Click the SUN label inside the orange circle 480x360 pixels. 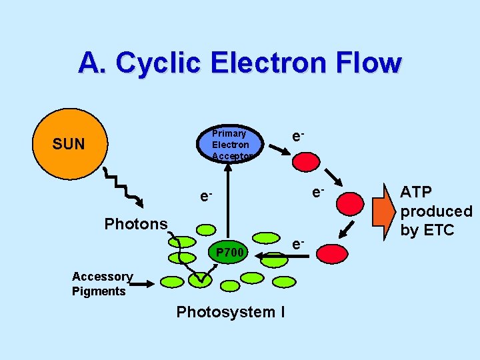coord(69,144)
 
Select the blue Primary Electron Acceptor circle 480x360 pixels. coord(230,143)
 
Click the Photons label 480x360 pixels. coord(136,224)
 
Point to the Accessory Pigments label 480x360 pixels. coord(101,284)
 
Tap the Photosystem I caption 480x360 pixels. coord(230,312)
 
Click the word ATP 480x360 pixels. coord(416,192)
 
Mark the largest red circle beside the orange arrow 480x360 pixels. coord(349,205)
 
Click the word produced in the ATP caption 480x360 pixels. coord(436,211)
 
